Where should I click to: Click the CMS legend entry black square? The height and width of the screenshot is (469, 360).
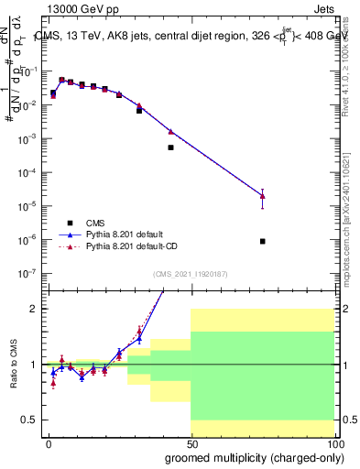point(71,223)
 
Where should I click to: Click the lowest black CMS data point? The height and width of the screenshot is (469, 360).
point(263,241)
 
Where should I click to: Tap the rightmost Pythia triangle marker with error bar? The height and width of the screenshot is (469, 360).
point(263,195)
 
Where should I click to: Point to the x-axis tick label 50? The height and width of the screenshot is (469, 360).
point(191,445)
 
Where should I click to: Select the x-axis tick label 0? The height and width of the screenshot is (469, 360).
point(49,445)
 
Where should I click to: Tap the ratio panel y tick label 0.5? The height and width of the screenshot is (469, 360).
point(29,420)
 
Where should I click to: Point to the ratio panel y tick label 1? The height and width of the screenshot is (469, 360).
point(33,365)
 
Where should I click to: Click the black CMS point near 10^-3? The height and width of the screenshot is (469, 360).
point(170,147)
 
